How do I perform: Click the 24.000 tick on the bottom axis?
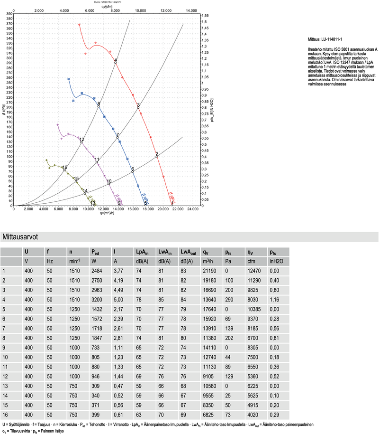pos(192,208)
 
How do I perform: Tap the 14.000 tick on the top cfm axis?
pos(191,9)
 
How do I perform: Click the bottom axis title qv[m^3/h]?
pos(107,213)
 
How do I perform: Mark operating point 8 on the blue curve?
pos(99,105)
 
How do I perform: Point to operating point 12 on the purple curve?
pos(81,141)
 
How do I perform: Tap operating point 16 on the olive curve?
pos(65,169)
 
